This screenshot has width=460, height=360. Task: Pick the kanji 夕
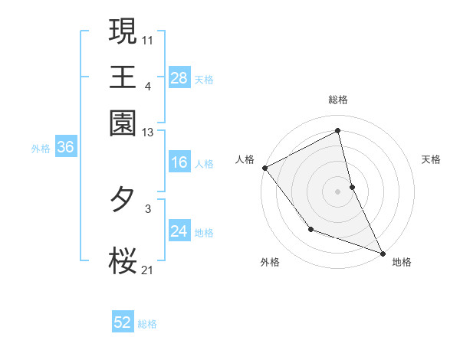(123, 201)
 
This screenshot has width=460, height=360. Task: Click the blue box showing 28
(179, 77)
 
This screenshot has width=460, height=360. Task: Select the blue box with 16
(179, 162)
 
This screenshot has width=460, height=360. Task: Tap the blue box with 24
(179, 231)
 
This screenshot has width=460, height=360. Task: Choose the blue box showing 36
(65, 148)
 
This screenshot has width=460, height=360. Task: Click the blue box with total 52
(123, 322)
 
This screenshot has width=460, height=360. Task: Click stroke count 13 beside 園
(148, 132)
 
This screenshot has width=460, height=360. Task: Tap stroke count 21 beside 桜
(148, 270)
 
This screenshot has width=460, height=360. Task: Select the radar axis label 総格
(338, 100)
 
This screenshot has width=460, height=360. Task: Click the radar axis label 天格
(432, 159)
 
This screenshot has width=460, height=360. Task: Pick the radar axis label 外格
(270, 262)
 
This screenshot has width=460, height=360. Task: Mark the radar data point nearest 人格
(264, 168)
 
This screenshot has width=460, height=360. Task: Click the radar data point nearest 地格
(382, 252)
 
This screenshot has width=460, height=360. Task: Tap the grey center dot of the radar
(337, 191)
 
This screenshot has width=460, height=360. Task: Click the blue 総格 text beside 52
(147, 324)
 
